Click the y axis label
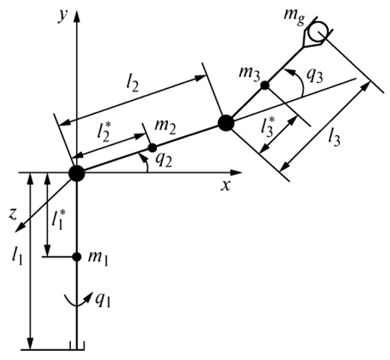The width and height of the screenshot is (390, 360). pos(63,16)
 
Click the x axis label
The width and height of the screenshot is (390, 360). pos(226,185)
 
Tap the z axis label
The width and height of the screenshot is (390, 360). pos(12,214)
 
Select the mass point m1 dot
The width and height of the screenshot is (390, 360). pos(76,257)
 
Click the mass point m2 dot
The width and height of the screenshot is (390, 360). pos(152,148)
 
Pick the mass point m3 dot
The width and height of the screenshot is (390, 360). pos(265,85)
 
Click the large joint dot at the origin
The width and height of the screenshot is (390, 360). pos(77,173)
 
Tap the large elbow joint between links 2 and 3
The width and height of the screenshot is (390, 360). pos(226,122)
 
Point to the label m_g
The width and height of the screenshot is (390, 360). pos(294,17)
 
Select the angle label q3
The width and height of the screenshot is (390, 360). pos(315,76)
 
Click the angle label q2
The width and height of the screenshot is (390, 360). pos(164,161)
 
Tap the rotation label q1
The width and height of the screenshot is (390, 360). pos(102,301)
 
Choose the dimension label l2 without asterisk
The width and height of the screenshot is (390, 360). pos(132,84)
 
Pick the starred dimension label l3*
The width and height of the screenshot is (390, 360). pos(268,127)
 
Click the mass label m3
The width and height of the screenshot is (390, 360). pos(250,74)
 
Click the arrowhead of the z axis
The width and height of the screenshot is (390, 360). pos(20,228)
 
